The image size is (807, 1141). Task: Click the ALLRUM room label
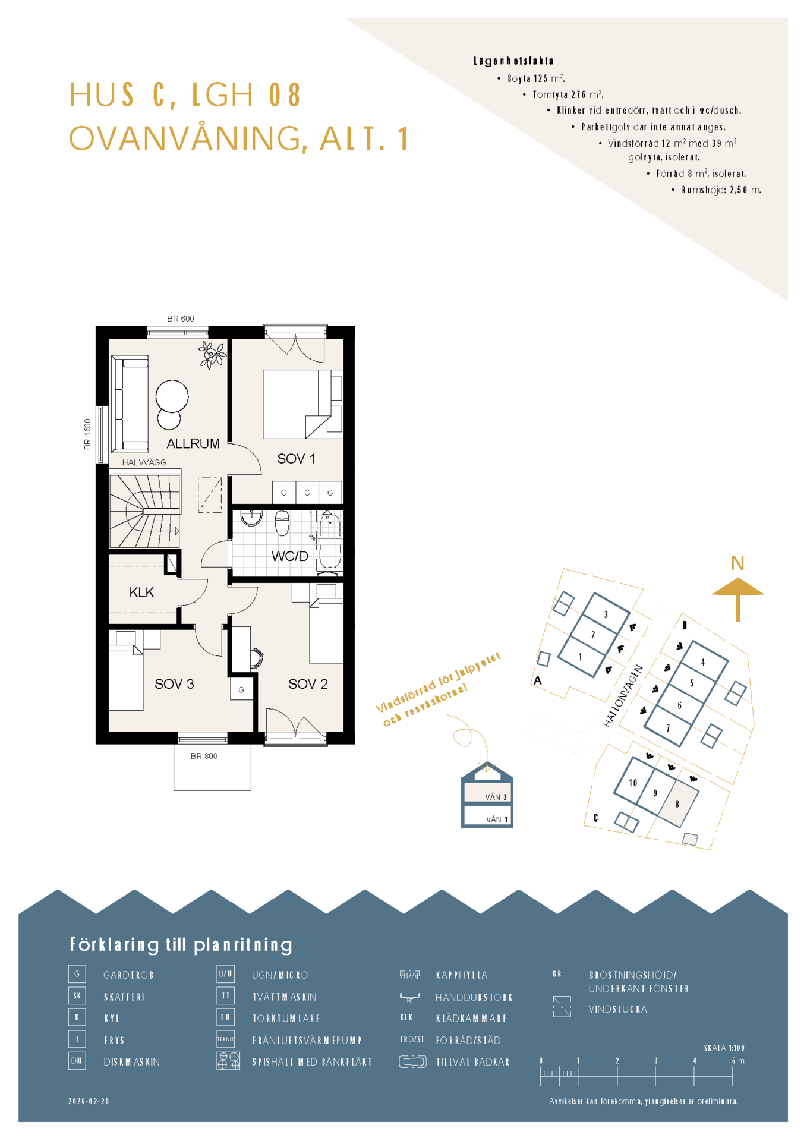tap(193, 443)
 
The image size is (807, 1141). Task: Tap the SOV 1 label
tap(296, 459)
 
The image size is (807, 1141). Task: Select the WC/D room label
tap(290, 556)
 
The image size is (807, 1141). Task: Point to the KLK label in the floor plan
tap(141, 592)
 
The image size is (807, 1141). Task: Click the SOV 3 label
tap(174, 684)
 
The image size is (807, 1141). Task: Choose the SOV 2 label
tap(308, 684)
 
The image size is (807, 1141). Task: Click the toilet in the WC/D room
tap(282, 522)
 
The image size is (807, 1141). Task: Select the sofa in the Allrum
tap(130, 403)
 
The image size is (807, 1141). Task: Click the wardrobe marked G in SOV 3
tap(241, 689)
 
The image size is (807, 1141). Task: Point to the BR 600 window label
tap(181, 319)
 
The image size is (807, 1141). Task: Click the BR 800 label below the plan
tap(204, 757)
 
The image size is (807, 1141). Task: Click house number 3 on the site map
tap(606, 614)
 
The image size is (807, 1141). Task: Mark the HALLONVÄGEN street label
tap(623, 696)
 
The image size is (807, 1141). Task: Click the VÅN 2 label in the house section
tap(496, 797)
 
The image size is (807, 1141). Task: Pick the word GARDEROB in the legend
tap(128, 975)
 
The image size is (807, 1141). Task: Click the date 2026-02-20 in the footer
tap(89, 1101)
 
